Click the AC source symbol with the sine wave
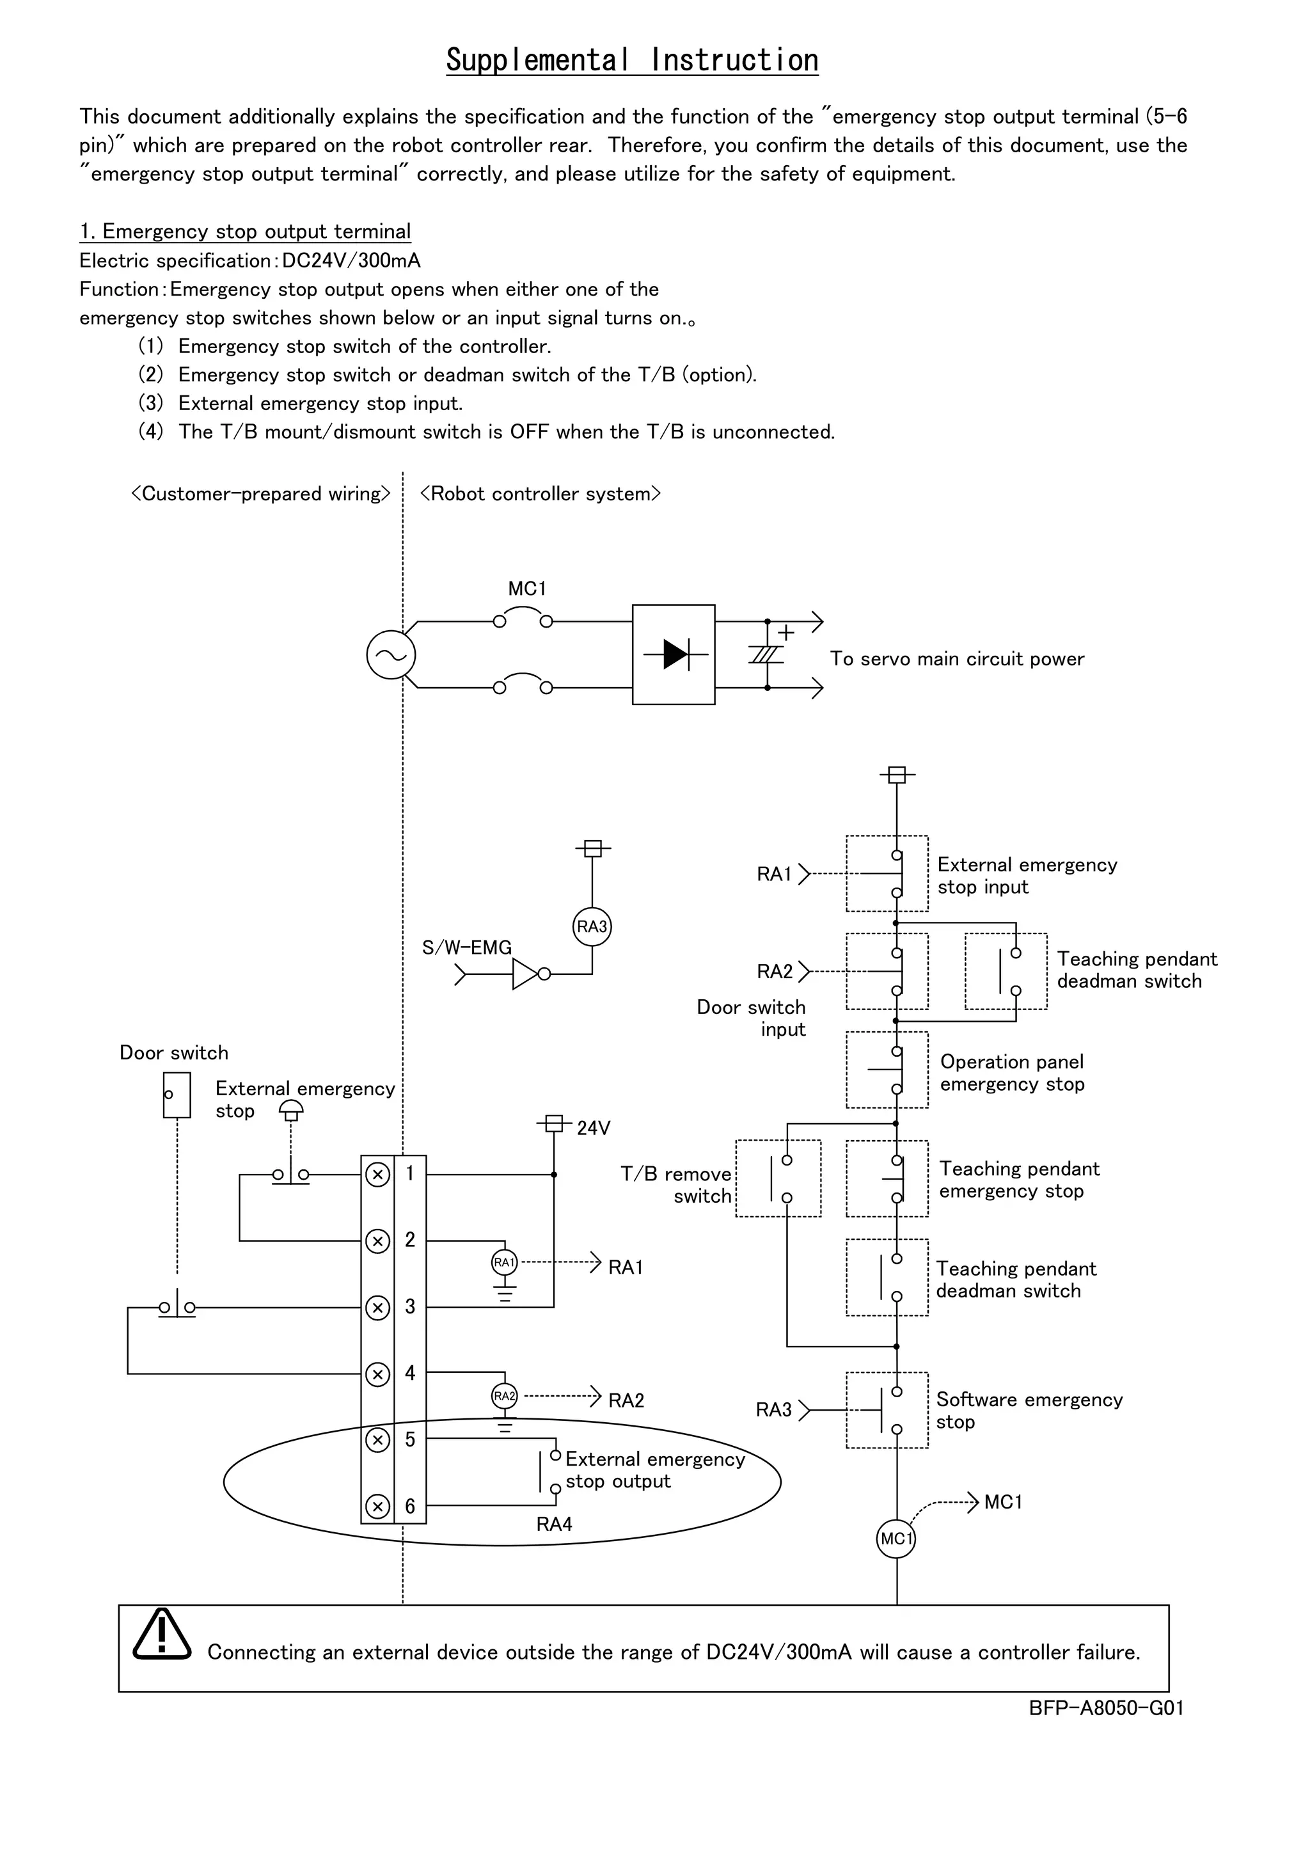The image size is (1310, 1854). pyautogui.click(x=391, y=655)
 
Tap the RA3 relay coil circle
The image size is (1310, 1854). pyautogui.click(x=592, y=926)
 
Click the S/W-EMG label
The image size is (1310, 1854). pyautogui.click(x=466, y=947)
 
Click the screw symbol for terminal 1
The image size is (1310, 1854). pyautogui.click(x=378, y=1174)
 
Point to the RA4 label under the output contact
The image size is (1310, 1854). pyautogui.click(x=554, y=1524)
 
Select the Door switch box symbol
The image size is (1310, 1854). pyautogui.click(x=177, y=1095)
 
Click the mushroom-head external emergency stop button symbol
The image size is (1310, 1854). pyautogui.click(x=292, y=1111)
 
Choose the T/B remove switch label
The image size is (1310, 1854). pyautogui.click(x=676, y=1185)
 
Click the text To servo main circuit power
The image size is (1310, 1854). pyautogui.click(x=956, y=659)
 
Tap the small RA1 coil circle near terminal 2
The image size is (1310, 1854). pyautogui.click(x=505, y=1262)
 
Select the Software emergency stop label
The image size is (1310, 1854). pyautogui.click(x=1029, y=1410)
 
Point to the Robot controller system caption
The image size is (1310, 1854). pyautogui.click(x=540, y=493)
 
